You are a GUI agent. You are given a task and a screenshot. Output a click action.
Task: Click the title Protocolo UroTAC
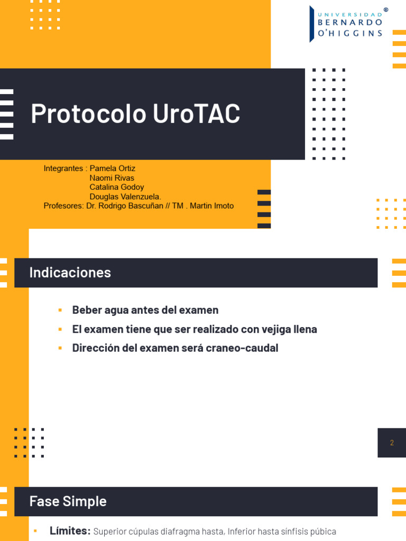pos(135,114)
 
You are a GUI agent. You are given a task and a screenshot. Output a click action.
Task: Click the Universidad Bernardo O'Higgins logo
pos(346,24)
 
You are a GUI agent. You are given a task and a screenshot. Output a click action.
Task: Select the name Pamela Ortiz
pos(113,169)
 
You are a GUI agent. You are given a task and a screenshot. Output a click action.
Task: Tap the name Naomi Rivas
pos(112,178)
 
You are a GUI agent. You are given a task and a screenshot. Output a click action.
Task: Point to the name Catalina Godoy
pos(117,187)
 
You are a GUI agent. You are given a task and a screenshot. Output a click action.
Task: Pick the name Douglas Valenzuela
pos(125,197)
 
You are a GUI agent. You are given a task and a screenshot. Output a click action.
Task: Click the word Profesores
pos(63,206)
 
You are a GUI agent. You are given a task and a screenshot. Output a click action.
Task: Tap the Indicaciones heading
pos(70,273)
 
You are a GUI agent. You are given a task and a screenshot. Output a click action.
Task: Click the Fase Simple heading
pos(68,501)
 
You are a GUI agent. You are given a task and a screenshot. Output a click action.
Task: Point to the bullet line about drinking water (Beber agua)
pos(145,310)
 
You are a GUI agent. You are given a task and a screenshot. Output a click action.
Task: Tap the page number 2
pos(392,443)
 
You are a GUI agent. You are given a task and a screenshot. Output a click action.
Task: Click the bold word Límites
pos(70,531)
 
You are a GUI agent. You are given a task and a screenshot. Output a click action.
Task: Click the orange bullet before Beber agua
pos(60,310)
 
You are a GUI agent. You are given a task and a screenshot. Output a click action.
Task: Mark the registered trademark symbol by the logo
pos(385,10)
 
